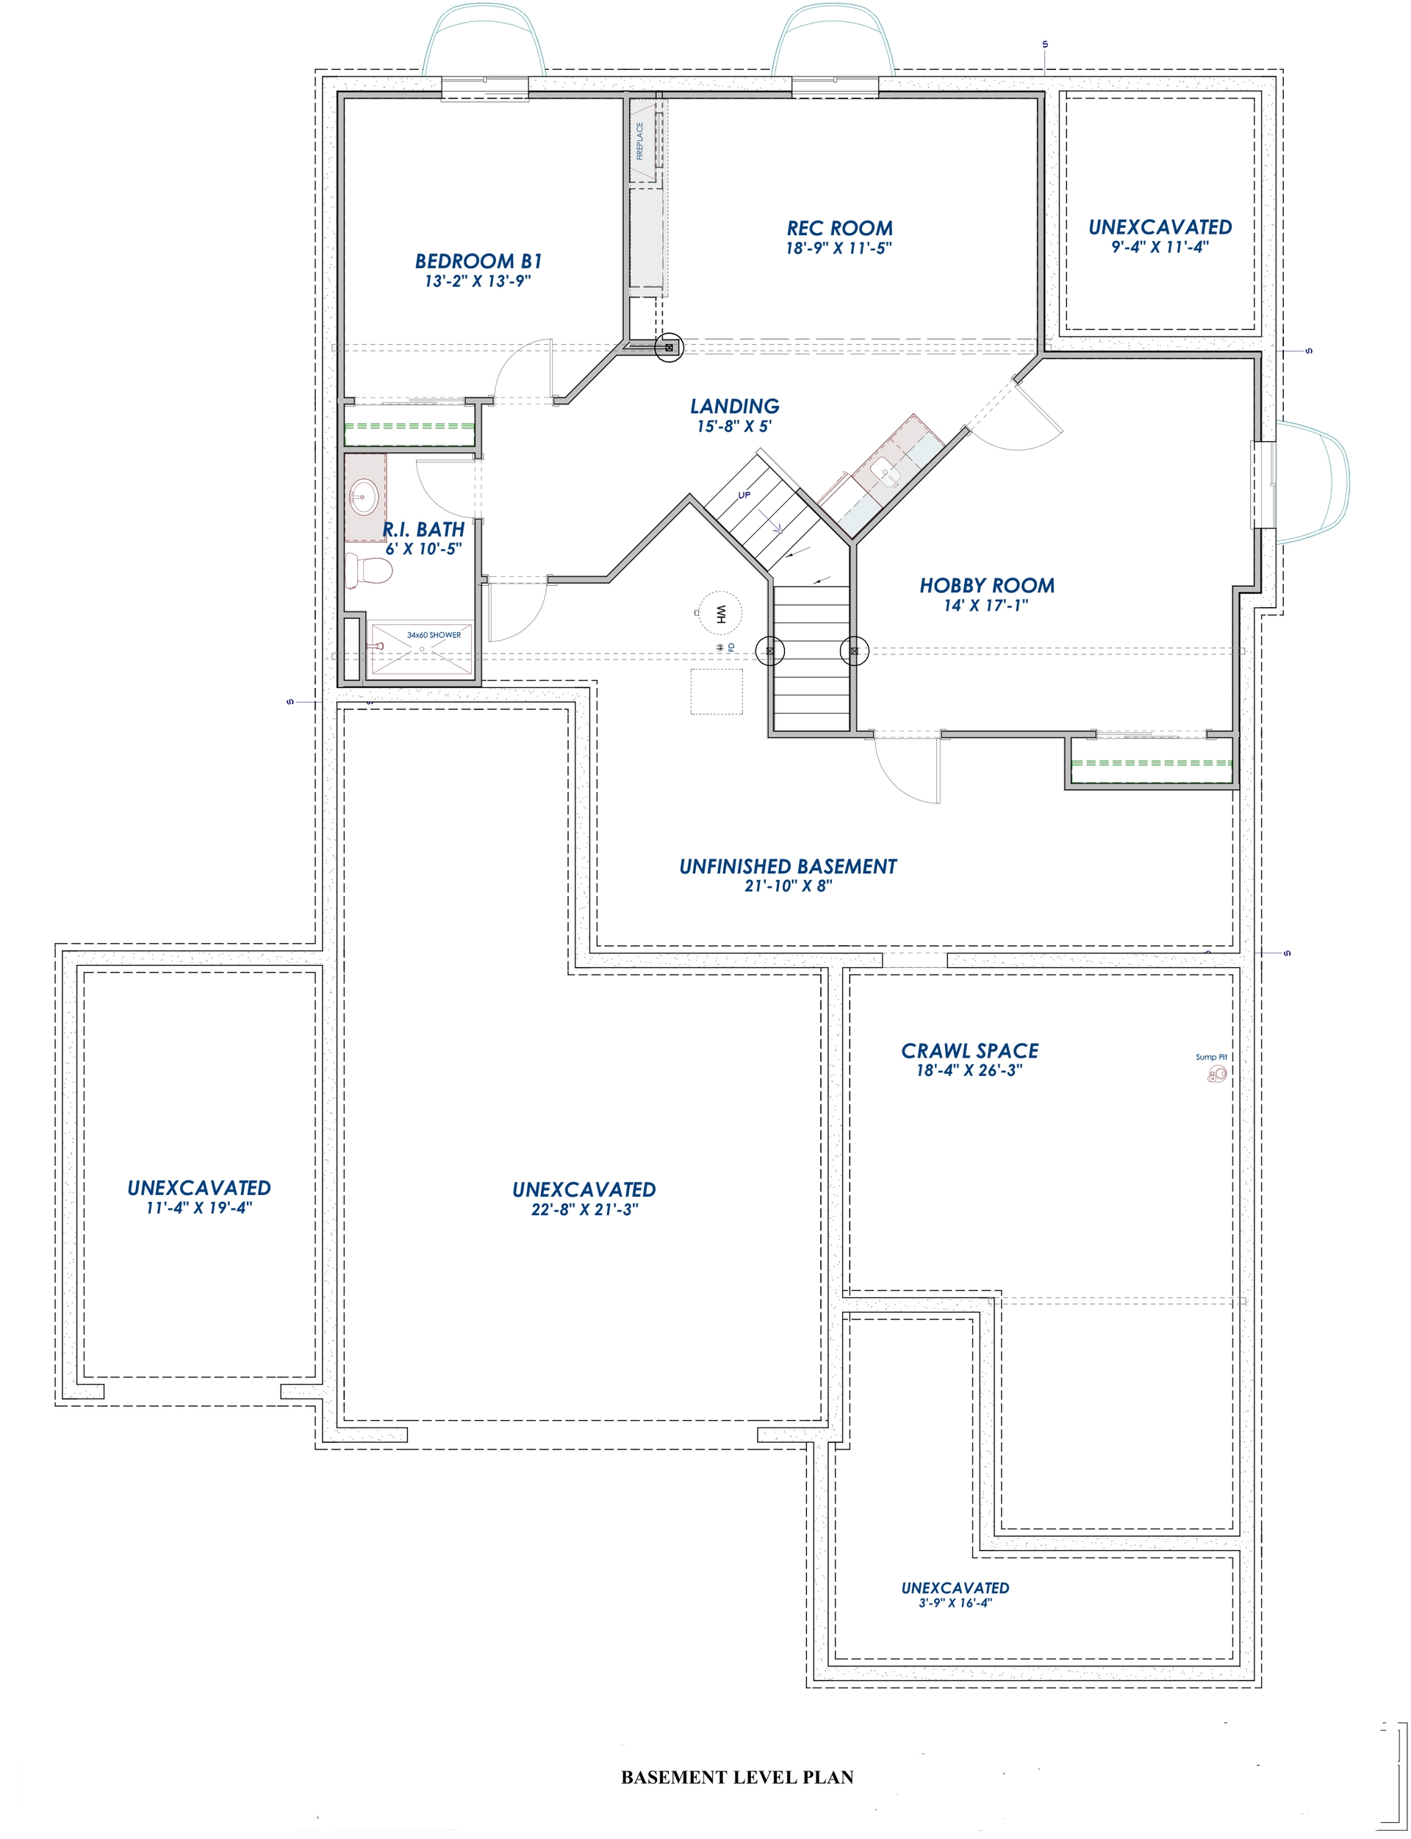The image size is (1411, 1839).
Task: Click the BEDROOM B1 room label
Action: [x=478, y=261]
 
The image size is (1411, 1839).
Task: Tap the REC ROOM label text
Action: [x=839, y=228]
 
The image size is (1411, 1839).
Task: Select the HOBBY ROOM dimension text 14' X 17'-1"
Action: [x=986, y=606]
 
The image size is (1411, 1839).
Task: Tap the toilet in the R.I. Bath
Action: [x=370, y=571]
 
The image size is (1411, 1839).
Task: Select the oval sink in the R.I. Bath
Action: [x=364, y=497]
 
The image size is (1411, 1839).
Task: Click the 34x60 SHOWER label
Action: [x=434, y=635]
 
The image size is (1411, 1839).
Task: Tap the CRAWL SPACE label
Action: [x=969, y=1050]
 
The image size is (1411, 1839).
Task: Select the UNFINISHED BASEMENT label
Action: [x=788, y=866]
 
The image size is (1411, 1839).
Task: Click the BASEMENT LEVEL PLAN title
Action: [x=736, y=1777]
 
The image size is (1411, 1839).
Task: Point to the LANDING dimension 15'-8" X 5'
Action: [x=734, y=426]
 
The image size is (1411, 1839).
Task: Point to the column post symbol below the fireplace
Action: [x=669, y=347]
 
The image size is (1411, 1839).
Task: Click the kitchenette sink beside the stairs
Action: [x=887, y=474]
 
